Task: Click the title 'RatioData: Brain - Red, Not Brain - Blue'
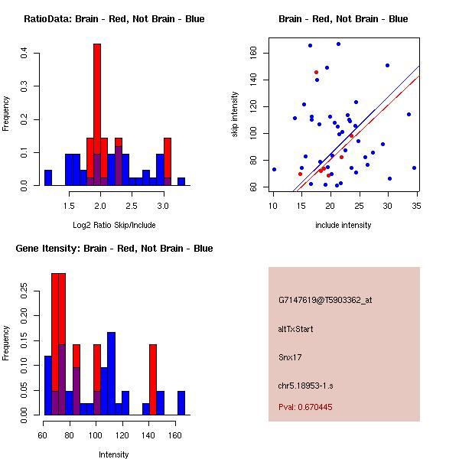click(114, 19)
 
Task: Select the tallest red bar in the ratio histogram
click(97, 115)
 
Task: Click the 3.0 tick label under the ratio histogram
click(163, 206)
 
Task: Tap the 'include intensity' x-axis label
click(343, 225)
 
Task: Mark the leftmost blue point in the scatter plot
click(274, 169)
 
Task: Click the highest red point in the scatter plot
click(316, 72)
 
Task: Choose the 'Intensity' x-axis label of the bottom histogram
click(114, 454)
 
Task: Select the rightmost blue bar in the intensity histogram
click(181, 402)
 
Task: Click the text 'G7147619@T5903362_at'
click(325, 301)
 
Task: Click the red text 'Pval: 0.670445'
click(305, 407)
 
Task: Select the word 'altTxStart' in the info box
click(295, 329)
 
